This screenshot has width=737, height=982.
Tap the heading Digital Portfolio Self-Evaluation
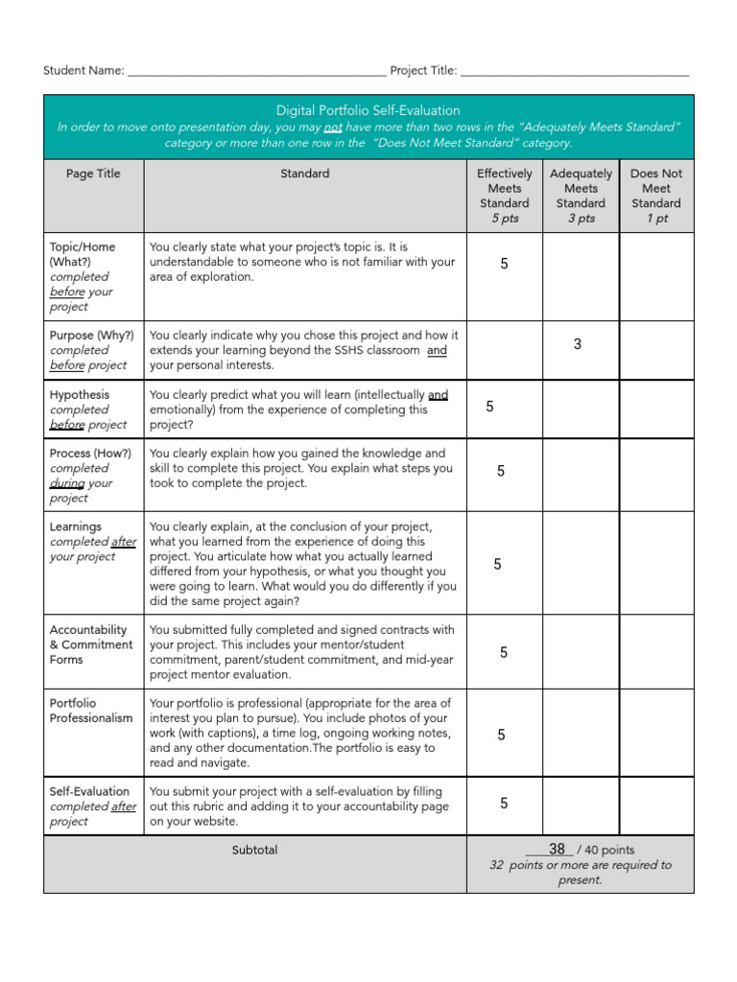coord(368,110)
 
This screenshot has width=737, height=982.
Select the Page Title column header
coord(93,174)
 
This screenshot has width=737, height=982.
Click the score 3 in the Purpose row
coord(578,344)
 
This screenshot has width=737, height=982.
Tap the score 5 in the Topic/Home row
coord(505,263)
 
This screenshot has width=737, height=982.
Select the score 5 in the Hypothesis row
coord(490,407)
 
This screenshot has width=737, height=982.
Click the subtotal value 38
coord(557,850)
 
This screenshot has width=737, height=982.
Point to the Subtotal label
coord(254,850)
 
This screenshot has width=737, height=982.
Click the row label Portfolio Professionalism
coord(91,711)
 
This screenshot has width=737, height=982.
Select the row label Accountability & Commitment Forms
coord(91,644)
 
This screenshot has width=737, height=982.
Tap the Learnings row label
coord(75,526)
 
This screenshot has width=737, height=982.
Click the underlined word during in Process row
coord(66,483)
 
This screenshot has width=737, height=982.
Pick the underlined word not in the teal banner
coord(332,127)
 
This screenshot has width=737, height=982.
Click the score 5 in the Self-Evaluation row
coord(504,804)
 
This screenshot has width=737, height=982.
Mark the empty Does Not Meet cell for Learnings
coord(656,563)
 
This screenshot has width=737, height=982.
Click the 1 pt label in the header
coord(656,218)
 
